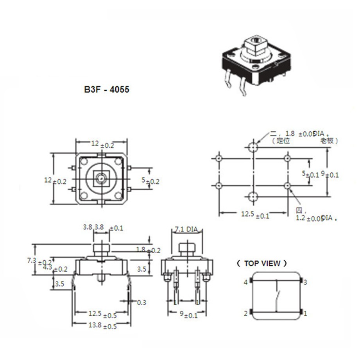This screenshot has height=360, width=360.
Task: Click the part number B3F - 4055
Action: click(106, 90)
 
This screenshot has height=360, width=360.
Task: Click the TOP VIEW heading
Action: click(262, 263)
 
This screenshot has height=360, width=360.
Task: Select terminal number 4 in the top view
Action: click(246, 282)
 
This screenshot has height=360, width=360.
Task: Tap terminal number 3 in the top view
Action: click(306, 282)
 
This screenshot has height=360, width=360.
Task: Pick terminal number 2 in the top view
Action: click(246, 313)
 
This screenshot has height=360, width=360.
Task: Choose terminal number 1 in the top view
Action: click(306, 313)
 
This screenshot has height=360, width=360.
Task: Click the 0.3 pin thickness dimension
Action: click(141, 302)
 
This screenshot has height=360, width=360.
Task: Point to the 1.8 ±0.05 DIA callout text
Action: click(301, 134)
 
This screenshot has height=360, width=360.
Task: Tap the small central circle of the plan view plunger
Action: click(101, 178)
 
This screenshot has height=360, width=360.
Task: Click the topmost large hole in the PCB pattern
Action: click(253, 147)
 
